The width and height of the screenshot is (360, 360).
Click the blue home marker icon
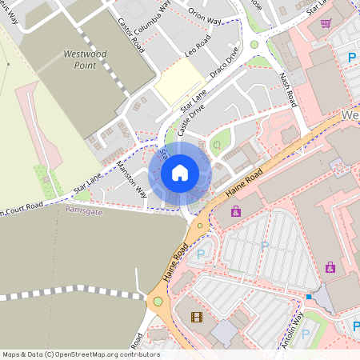tap(179, 173)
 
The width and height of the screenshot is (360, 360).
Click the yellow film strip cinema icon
tap(197, 317)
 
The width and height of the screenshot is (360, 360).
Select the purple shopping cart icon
tap(326, 23)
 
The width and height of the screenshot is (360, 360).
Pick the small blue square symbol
tap(309, 297)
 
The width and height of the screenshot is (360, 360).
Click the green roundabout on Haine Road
tap(158, 302)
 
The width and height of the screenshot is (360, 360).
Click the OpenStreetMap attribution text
tap(80, 354)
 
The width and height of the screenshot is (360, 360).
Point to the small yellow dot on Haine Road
tap(200, 226)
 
